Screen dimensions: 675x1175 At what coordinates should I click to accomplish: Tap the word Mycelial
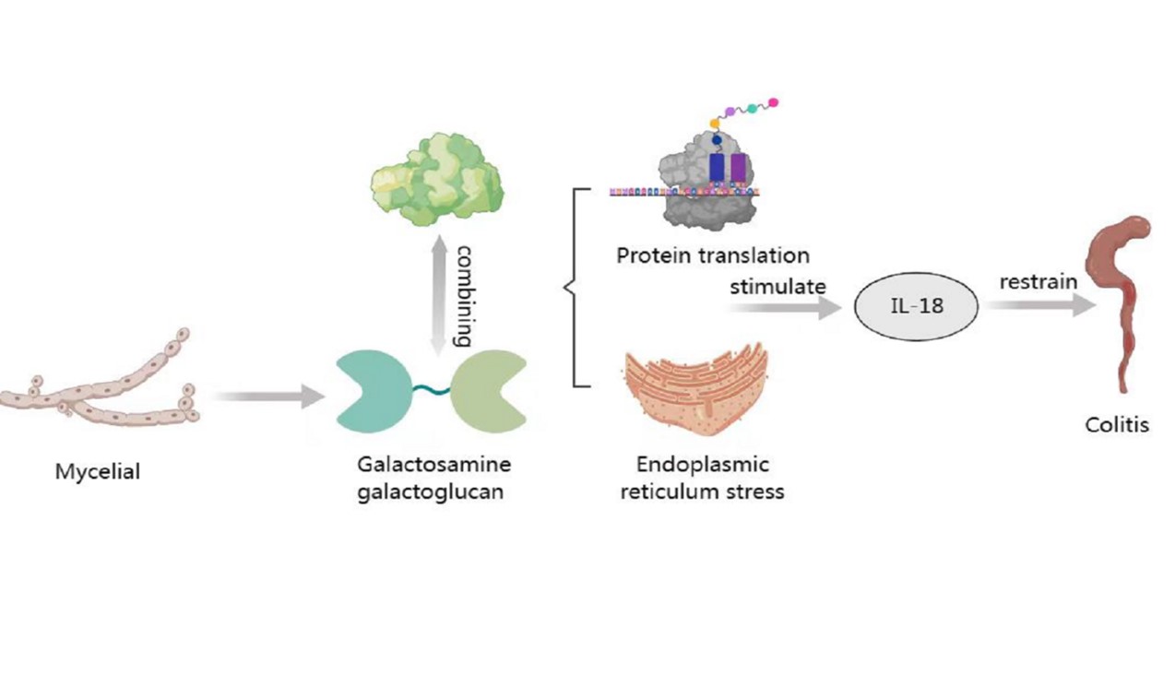(98, 472)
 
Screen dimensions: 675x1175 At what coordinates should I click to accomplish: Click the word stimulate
(777, 286)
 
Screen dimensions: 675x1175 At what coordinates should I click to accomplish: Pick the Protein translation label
(713, 255)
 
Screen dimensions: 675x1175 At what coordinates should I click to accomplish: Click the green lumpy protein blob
(436, 176)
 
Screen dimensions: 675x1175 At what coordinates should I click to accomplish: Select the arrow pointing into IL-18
(785, 310)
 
